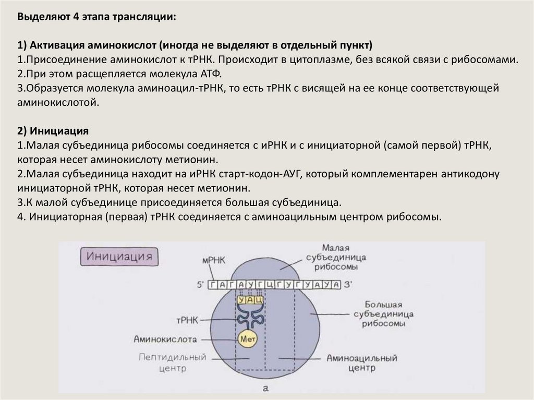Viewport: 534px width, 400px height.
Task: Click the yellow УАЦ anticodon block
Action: [x=250, y=301]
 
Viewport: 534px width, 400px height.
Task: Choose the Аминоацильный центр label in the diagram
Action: [x=362, y=362]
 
